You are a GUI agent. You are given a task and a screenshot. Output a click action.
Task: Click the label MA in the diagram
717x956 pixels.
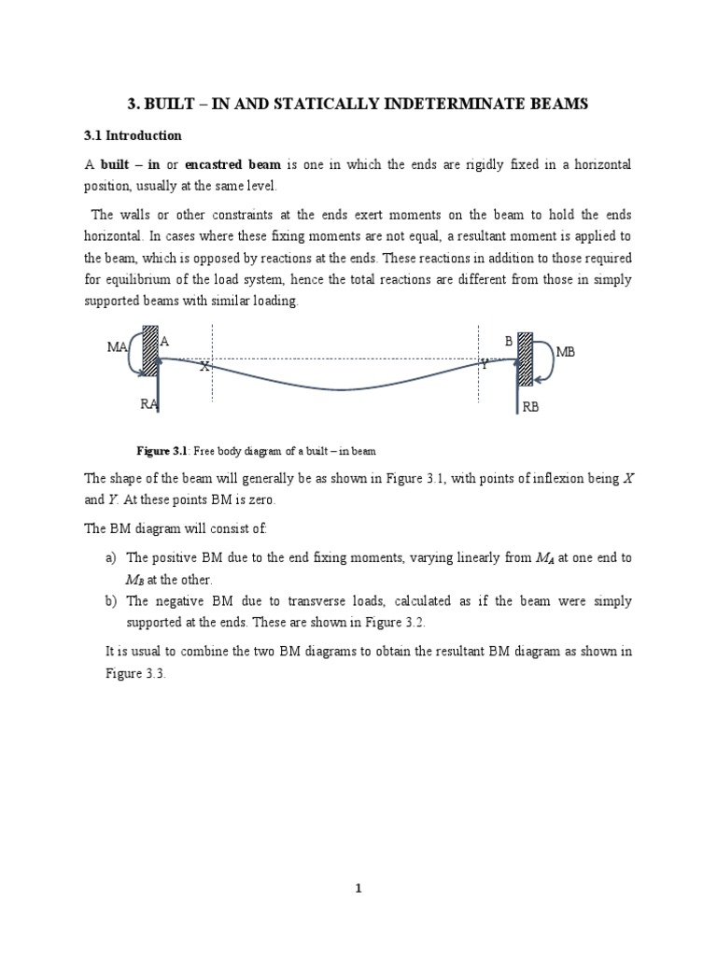click(117, 347)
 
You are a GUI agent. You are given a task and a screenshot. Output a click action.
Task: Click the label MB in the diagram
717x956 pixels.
click(567, 352)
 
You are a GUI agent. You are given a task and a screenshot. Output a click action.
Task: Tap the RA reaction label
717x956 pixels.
click(149, 403)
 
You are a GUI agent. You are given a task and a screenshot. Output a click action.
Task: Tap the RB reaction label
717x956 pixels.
click(531, 407)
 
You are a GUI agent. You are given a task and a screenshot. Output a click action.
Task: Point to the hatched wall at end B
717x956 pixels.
click(525, 358)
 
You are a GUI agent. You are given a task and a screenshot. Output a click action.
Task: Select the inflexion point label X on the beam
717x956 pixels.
click(203, 367)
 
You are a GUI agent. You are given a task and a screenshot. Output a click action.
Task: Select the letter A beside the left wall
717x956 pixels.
click(164, 342)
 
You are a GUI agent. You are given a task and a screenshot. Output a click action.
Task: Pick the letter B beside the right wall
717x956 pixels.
click(509, 342)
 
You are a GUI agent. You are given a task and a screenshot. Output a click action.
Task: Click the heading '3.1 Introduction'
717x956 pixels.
click(133, 135)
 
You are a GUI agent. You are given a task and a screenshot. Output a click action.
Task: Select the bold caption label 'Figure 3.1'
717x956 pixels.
click(163, 450)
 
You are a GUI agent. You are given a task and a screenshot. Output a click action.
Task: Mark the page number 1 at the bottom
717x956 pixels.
click(358, 889)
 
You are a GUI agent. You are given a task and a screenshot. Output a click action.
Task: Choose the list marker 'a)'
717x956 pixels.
click(112, 557)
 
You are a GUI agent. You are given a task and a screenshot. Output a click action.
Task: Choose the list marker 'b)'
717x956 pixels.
click(112, 601)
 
